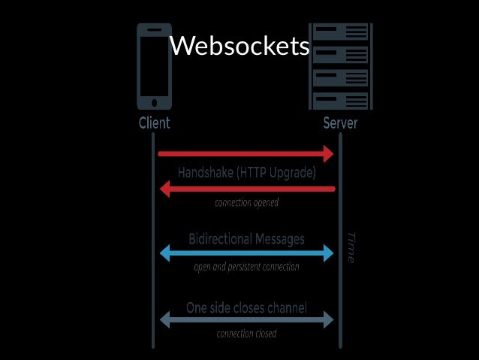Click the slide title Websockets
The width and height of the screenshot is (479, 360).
pyautogui.click(x=239, y=47)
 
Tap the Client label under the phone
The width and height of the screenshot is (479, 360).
pyautogui.click(x=154, y=123)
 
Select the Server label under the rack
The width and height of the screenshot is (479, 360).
pyautogui.click(x=340, y=123)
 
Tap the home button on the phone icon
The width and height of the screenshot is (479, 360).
pyautogui.click(x=155, y=102)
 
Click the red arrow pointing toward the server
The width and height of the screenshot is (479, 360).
pyautogui.click(x=246, y=154)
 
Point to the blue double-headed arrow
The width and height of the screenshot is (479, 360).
pyautogui.click(x=246, y=253)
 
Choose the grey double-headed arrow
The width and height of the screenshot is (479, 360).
pyautogui.click(x=246, y=321)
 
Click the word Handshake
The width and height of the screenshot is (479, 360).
pyautogui.click(x=206, y=172)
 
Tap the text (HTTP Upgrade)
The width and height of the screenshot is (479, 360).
pyautogui.click(x=276, y=172)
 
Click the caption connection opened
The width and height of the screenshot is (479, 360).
pyautogui.click(x=247, y=203)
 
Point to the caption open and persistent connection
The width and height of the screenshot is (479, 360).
pyautogui.click(x=246, y=267)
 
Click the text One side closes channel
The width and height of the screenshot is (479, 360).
pyautogui.click(x=246, y=308)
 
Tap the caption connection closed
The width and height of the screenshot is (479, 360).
pyautogui.click(x=246, y=334)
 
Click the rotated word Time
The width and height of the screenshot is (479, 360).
pyautogui.click(x=350, y=247)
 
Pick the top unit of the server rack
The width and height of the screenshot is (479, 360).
pyautogui.click(x=340, y=32)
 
